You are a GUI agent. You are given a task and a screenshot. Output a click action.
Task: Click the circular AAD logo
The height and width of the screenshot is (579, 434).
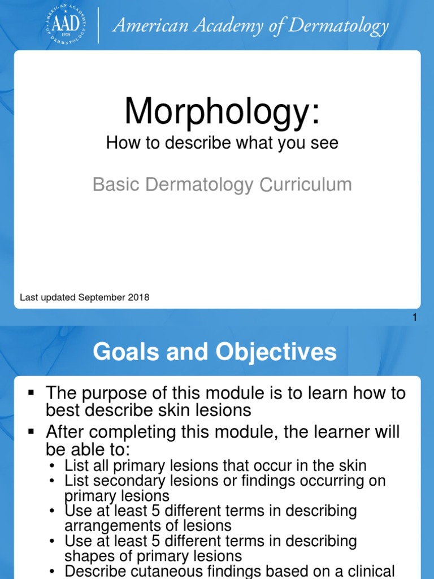[x=67, y=25]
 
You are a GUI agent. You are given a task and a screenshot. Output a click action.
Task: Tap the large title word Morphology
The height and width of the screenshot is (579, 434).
[x=222, y=111]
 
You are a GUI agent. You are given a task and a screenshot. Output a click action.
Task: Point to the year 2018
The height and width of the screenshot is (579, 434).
[x=139, y=297]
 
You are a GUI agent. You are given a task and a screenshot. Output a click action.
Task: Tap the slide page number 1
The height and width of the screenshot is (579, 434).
[x=414, y=318]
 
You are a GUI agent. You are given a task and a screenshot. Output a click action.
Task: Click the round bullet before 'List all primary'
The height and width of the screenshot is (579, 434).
[x=53, y=466]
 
